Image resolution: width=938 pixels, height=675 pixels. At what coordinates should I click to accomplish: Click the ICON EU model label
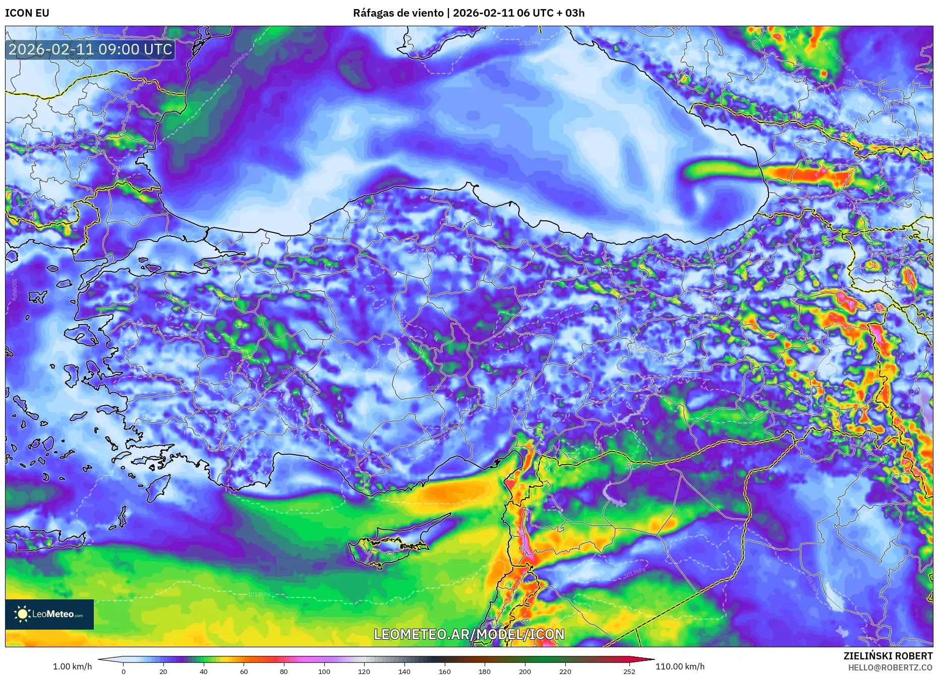click(27, 13)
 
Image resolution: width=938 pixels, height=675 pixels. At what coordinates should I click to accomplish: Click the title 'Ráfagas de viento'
click(398, 13)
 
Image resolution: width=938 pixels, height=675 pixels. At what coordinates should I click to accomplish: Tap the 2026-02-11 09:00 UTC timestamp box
click(91, 49)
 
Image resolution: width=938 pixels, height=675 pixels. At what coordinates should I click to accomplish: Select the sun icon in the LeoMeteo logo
click(22, 613)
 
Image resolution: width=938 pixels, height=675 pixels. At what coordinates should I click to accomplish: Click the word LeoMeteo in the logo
click(53, 614)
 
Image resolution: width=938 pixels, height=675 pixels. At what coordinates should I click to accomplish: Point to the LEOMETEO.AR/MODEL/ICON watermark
click(469, 634)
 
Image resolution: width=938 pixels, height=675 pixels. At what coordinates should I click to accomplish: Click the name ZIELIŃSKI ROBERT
click(888, 656)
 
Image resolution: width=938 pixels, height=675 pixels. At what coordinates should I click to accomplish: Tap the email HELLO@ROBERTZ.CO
click(890, 667)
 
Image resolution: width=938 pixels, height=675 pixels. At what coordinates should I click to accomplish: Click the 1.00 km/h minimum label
click(73, 666)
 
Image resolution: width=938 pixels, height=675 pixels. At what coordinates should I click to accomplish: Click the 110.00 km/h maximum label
click(680, 666)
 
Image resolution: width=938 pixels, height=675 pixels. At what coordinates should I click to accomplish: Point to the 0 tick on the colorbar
click(124, 671)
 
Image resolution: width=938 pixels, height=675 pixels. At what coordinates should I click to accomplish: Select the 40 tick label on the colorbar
click(204, 671)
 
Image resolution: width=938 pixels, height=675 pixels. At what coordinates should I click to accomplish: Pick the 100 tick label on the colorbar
click(324, 671)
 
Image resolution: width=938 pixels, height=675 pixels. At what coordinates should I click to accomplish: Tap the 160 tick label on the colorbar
click(445, 671)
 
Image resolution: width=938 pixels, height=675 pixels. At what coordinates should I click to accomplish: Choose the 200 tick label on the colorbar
click(525, 671)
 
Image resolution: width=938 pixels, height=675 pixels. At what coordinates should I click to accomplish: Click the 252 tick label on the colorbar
click(629, 671)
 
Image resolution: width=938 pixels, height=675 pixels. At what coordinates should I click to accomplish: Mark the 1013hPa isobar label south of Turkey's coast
click(259, 594)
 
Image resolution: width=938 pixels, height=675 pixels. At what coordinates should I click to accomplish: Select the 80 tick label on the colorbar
click(284, 671)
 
